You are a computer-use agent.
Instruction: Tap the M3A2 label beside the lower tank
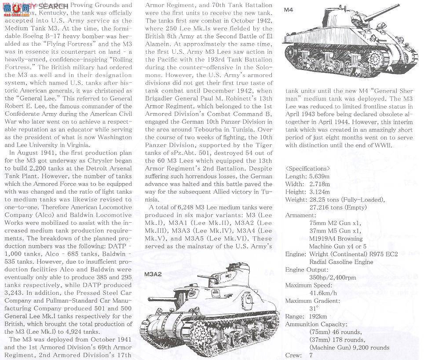tap(153, 274)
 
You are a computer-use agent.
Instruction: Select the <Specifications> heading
tap(307, 168)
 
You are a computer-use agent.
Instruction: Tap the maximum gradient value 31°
tap(313, 309)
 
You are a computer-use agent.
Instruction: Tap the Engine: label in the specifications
tap(295, 254)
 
